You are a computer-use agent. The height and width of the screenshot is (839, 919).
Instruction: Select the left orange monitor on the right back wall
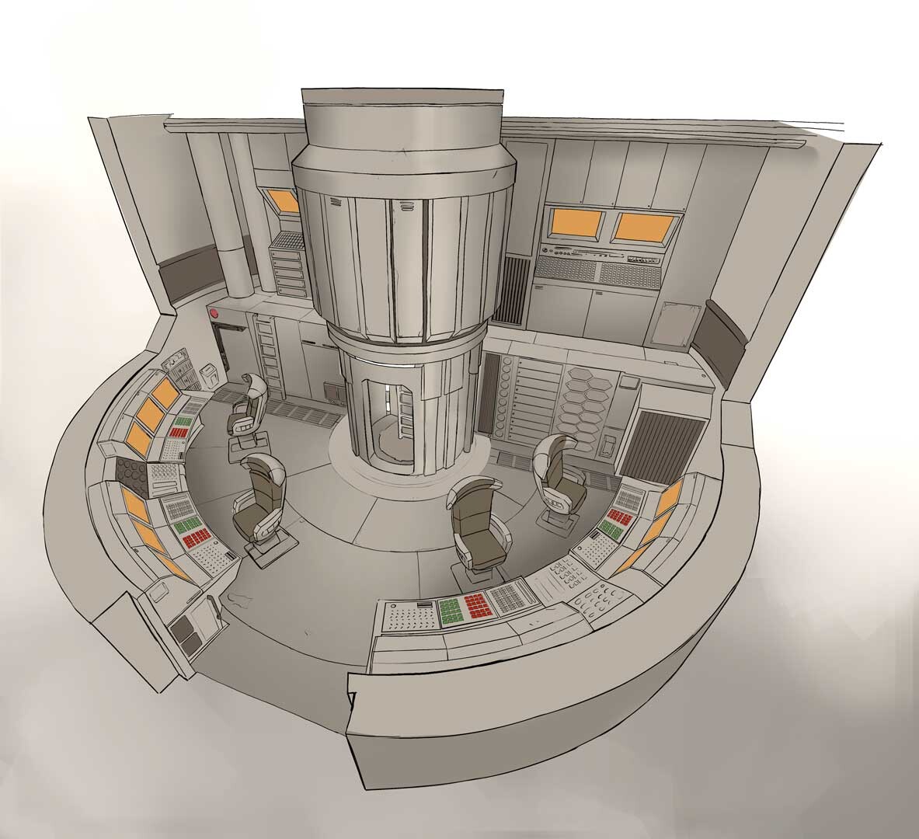[x=576, y=223]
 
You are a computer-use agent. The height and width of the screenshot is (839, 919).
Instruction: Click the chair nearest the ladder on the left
[x=248, y=406]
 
